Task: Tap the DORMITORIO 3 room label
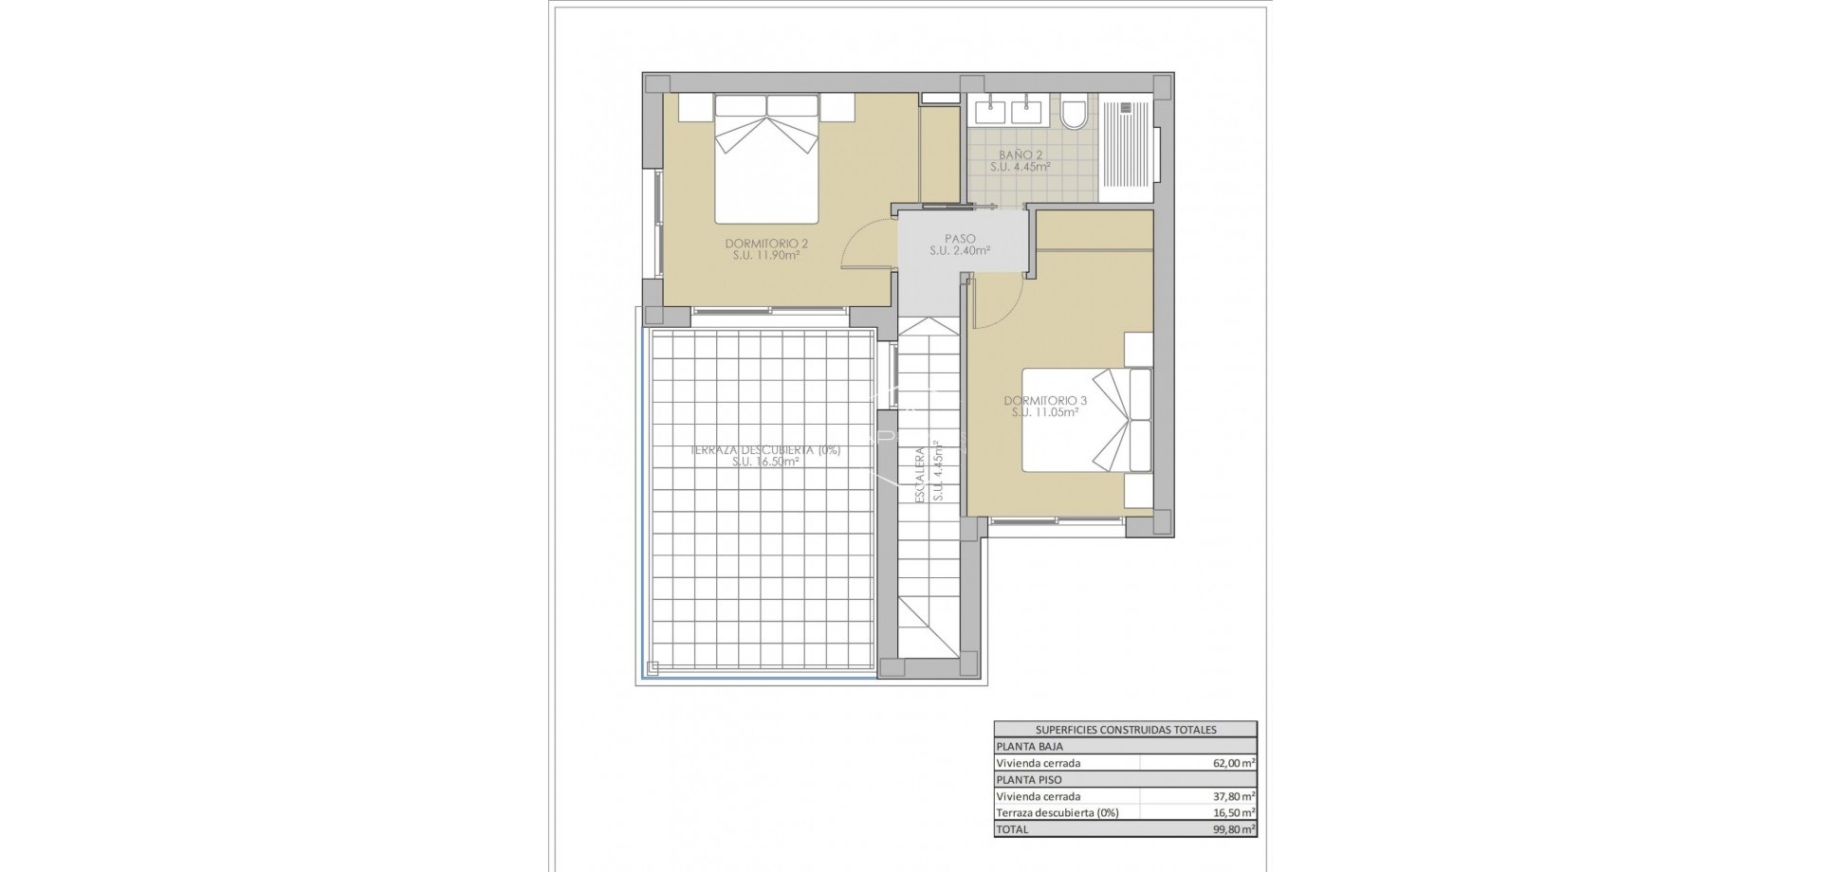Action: click(1045, 401)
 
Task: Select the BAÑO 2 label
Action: click(1021, 154)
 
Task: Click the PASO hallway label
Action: click(960, 239)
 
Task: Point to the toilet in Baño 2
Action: click(1075, 113)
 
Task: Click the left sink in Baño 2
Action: click(989, 111)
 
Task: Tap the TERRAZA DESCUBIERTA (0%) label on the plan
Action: click(765, 450)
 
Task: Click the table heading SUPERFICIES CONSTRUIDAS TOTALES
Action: click(1126, 730)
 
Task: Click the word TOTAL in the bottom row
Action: click(1011, 829)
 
